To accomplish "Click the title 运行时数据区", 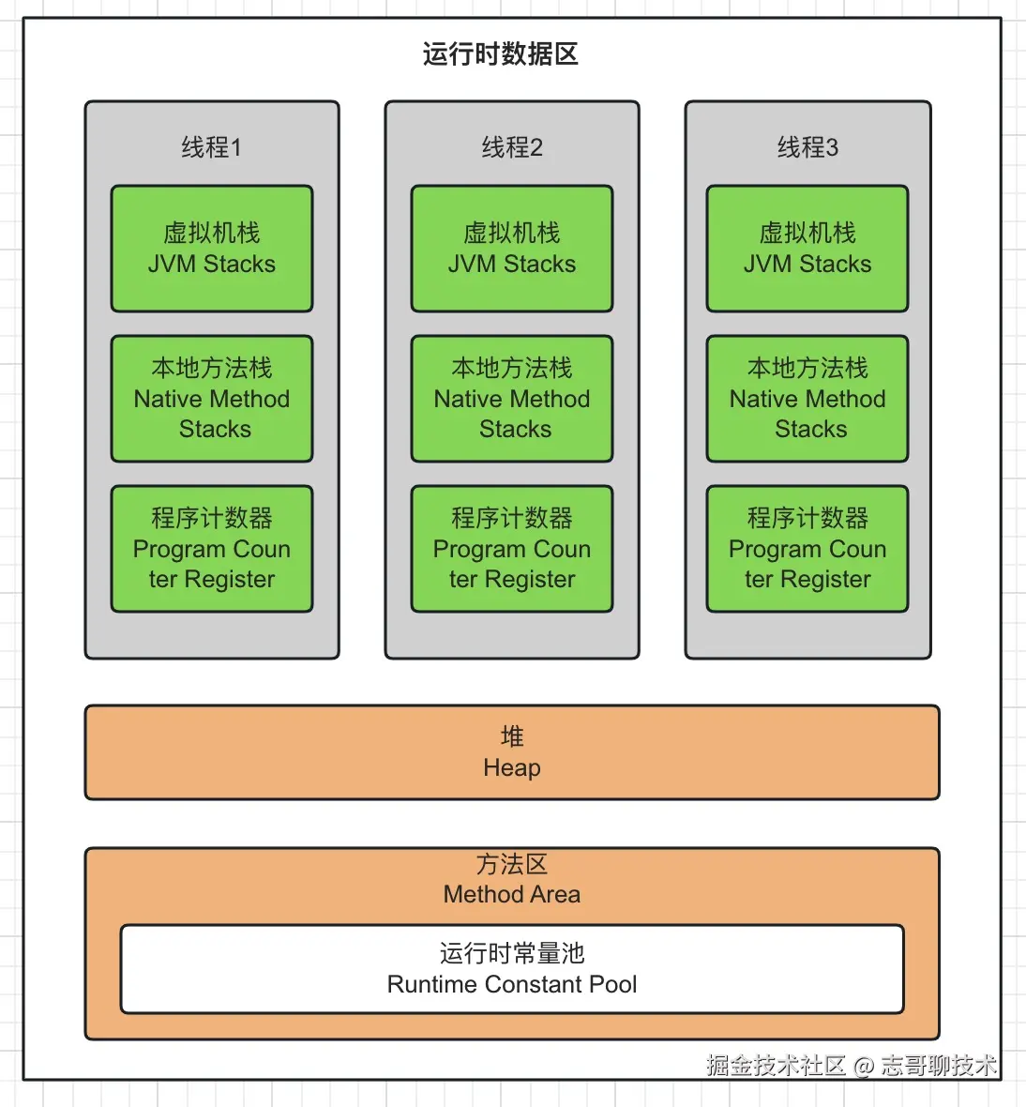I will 500,54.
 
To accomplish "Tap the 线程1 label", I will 211,147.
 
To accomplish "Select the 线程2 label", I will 512,147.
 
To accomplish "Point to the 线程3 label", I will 807,147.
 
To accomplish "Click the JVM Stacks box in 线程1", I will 212,249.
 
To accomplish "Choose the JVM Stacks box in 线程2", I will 512,249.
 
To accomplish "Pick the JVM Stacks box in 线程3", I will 807,249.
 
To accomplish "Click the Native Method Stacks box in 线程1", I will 212,399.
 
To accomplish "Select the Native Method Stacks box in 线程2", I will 512,399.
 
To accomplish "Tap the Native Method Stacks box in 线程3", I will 807,399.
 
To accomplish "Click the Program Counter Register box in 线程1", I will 212,549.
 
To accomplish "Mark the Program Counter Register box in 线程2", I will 512,549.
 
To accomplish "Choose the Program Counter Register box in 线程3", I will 807,549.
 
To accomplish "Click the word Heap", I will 512,768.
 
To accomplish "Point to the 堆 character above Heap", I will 512,736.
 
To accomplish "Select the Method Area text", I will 512,895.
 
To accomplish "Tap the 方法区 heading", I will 512,864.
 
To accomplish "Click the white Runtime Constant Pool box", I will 512,969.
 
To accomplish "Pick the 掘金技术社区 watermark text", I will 776,1066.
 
